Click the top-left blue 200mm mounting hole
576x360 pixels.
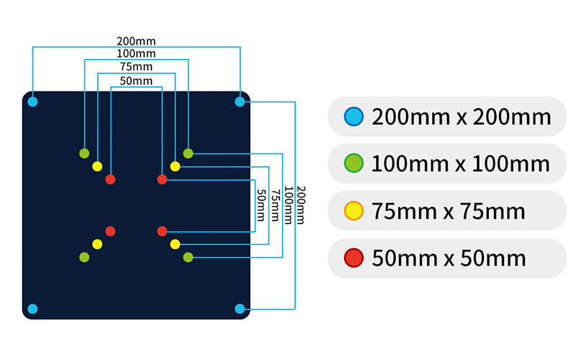click(x=32, y=102)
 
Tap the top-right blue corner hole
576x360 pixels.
click(x=240, y=102)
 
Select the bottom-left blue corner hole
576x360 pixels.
click(x=32, y=309)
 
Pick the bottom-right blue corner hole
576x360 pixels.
click(x=240, y=309)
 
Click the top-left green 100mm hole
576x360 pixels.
click(x=84, y=153)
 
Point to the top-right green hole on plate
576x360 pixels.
click(x=188, y=153)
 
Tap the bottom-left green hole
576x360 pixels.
click(x=84, y=257)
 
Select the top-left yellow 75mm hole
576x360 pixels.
click(x=97, y=166)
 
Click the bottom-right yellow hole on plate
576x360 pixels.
click(x=175, y=244)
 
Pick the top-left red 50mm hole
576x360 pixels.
click(x=110, y=179)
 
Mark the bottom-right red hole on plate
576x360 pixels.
click(x=162, y=231)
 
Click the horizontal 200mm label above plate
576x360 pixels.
click(x=136, y=41)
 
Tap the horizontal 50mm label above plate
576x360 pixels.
click(x=136, y=81)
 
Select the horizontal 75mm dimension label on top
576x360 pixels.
click(x=136, y=67)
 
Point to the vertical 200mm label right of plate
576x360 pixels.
click(x=301, y=205)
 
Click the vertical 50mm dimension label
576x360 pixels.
click(x=261, y=205)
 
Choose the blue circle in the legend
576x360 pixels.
click(x=354, y=117)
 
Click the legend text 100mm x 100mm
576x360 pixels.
click(x=461, y=163)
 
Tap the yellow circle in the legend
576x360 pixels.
click(x=354, y=211)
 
